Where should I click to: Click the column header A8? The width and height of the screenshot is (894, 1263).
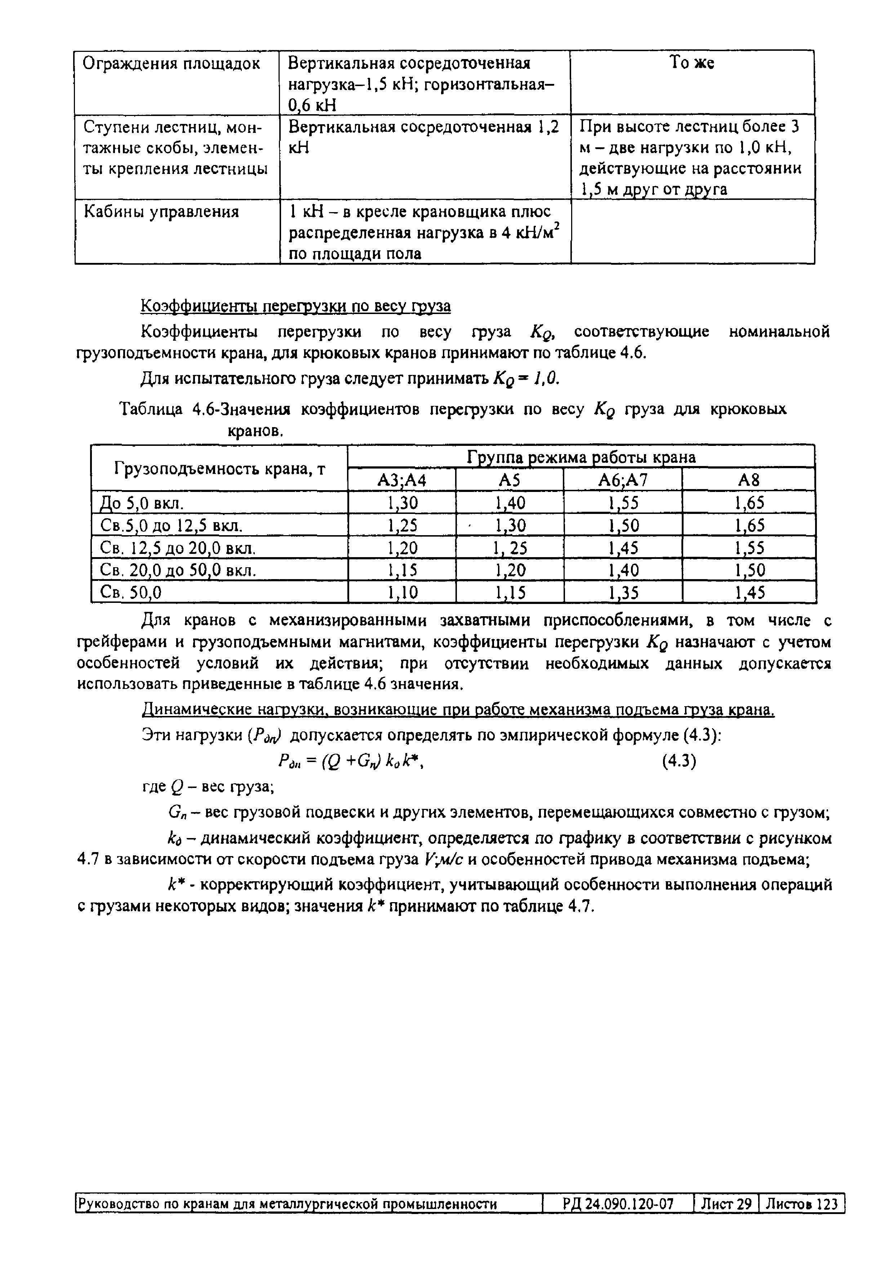click(x=748, y=480)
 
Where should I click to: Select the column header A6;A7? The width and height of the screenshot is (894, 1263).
click(x=623, y=480)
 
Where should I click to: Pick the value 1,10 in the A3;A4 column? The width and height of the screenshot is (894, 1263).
click(x=402, y=592)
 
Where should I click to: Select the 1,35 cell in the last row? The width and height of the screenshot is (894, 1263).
click(x=623, y=592)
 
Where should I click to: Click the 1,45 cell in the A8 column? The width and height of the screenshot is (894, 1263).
click(x=750, y=592)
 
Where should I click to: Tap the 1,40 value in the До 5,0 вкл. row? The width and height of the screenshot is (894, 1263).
click(x=510, y=503)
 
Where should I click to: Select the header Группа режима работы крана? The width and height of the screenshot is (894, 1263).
click(x=581, y=457)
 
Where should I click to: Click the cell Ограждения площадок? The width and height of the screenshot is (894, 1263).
click(x=171, y=64)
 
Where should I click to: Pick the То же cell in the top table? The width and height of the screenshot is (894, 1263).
click(x=692, y=64)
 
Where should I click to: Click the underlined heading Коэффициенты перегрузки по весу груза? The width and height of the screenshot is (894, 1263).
click(x=296, y=306)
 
